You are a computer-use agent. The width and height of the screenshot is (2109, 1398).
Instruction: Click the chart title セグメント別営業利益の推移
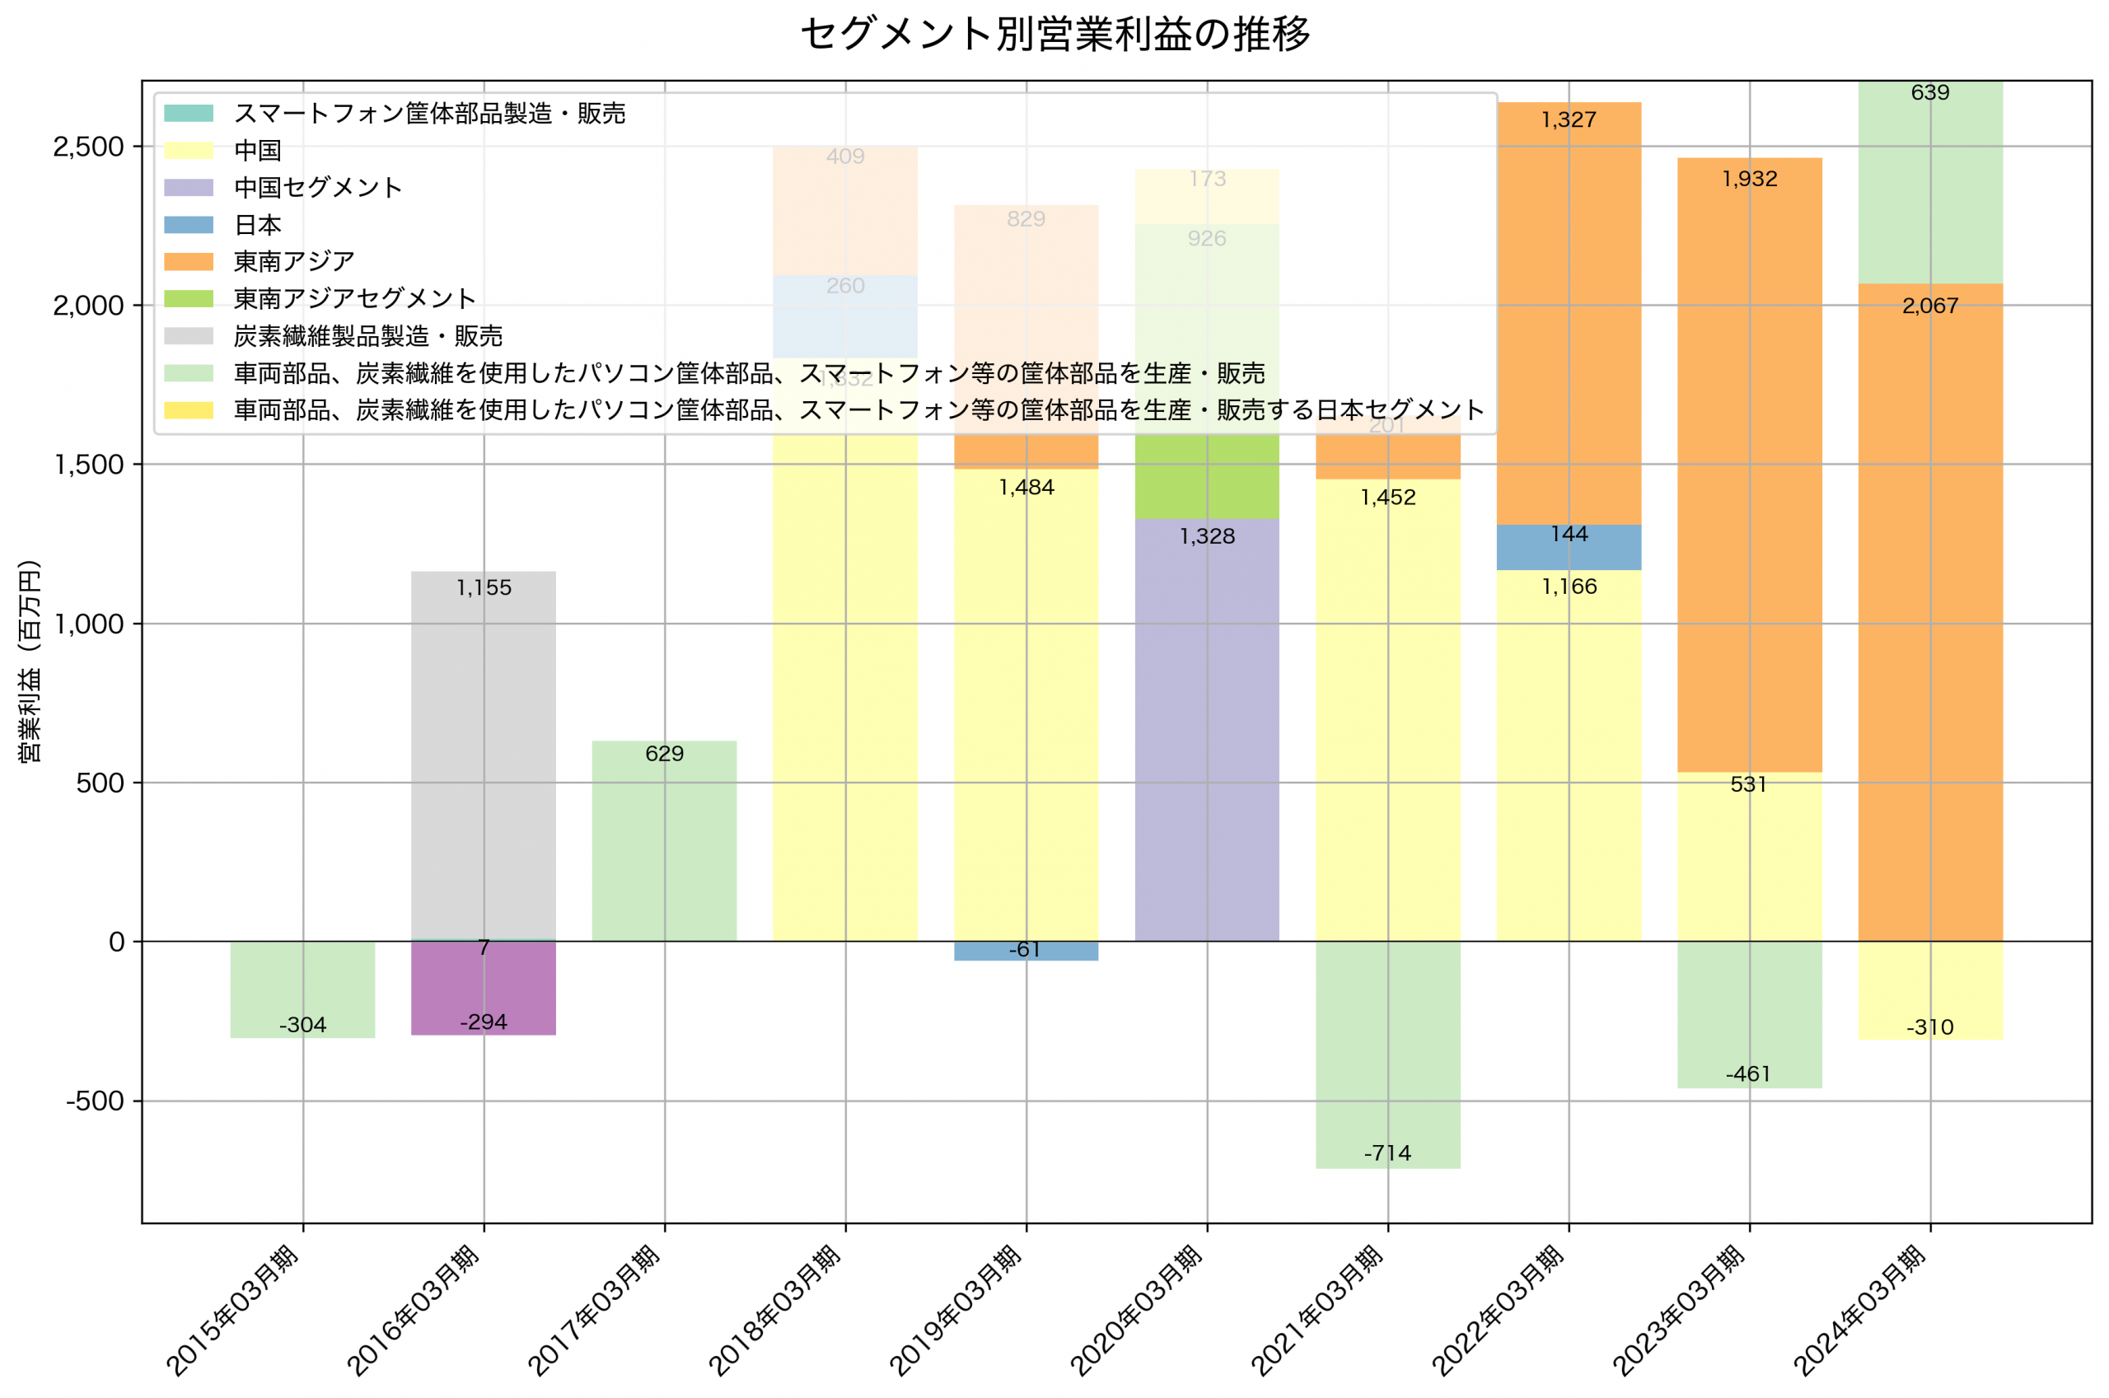click(1054, 34)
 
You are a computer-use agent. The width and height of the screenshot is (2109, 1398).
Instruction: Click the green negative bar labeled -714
click(1387, 1061)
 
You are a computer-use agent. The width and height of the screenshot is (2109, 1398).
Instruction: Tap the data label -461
click(1748, 1074)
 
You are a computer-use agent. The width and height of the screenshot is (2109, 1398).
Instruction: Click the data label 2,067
click(1930, 306)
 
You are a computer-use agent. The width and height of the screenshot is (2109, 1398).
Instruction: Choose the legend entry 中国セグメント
click(317, 188)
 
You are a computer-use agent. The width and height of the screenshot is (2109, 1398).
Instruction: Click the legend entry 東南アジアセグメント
click(354, 299)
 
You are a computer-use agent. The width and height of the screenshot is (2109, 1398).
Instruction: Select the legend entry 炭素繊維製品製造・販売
click(367, 336)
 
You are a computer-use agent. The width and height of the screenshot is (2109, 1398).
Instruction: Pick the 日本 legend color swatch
click(189, 225)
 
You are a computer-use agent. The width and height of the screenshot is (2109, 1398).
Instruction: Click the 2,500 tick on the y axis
click(88, 147)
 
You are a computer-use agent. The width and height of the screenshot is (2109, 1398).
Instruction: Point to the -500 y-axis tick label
click(95, 1102)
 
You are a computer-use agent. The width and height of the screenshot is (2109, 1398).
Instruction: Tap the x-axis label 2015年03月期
click(233, 1311)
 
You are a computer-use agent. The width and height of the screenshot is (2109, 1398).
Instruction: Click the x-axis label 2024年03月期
click(1861, 1311)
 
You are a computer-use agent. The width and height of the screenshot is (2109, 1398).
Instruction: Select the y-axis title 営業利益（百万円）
click(30, 662)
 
